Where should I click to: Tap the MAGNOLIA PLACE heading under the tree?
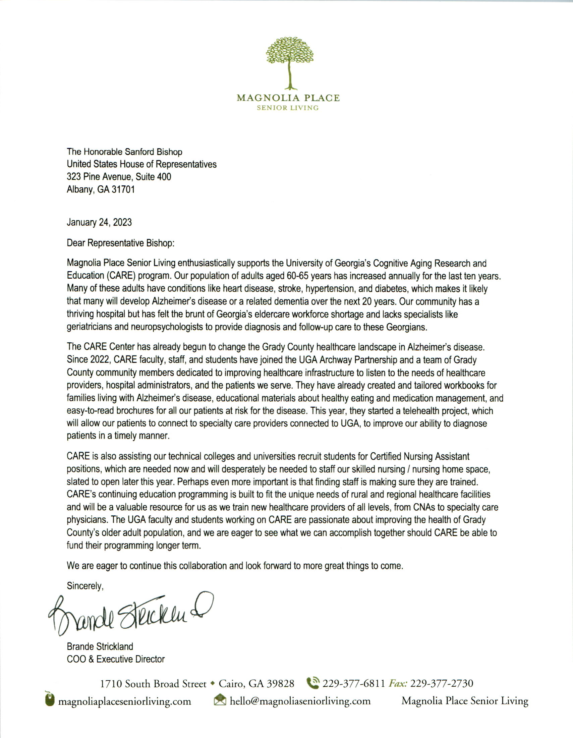click(x=288, y=98)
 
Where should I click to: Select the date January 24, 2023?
click(x=99, y=222)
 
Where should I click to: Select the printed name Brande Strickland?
click(x=100, y=646)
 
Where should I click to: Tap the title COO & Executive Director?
click(x=116, y=659)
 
